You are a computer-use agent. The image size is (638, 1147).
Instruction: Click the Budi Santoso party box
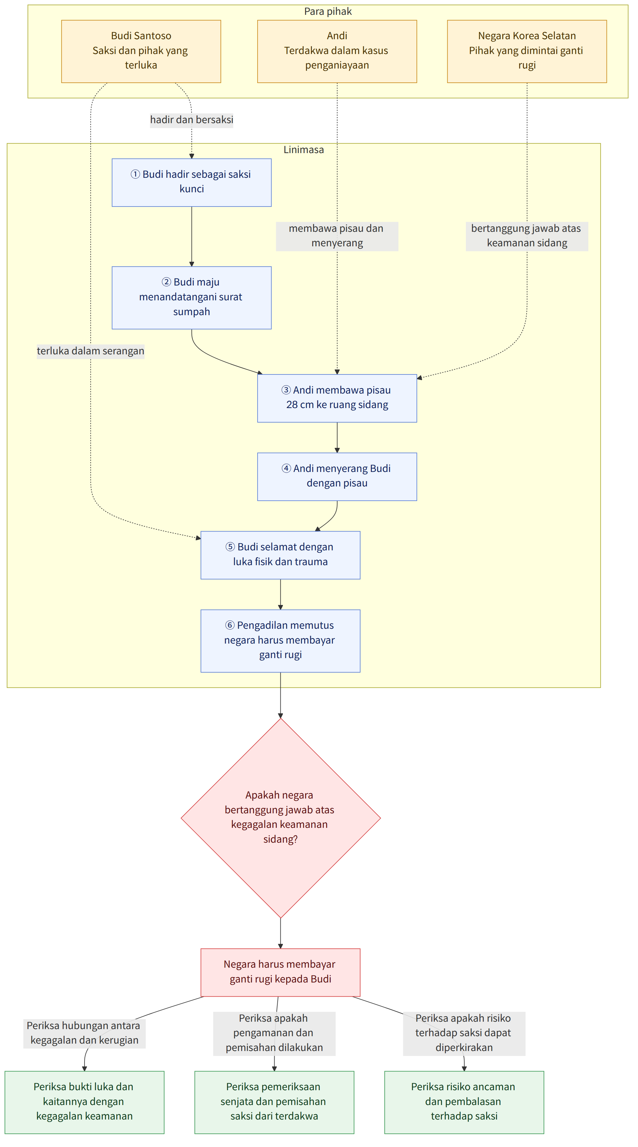pos(141,51)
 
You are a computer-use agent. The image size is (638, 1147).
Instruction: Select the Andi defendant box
pos(337,51)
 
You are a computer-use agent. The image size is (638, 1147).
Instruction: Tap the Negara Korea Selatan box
pos(527,51)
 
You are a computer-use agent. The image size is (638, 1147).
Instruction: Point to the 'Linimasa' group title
pos(304,150)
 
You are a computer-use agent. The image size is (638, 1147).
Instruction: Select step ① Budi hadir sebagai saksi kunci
pos(192,182)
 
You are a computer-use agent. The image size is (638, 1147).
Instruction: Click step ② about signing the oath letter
pos(192,298)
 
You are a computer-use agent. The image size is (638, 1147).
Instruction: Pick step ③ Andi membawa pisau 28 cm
pos(337,398)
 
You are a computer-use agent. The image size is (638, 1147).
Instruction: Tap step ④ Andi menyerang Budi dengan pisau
pos(337,477)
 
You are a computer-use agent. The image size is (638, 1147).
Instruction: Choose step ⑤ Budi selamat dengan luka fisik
pos(280,555)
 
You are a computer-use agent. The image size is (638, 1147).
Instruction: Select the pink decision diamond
pos(280,818)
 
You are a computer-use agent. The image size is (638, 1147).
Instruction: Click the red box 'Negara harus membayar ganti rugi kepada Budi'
pos(280,972)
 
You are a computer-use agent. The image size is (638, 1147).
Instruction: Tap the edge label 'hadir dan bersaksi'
pos(192,120)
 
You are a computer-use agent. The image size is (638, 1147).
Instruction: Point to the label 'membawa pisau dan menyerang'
pos(337,236)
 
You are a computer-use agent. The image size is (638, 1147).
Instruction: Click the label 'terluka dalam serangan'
pos(91,351)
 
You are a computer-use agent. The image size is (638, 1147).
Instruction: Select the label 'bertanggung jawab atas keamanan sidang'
pos(527,236)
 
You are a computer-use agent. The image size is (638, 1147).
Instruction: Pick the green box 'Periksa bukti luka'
pos(85,1102)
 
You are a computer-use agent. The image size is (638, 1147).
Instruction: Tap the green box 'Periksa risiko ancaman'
pos(464,1102)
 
